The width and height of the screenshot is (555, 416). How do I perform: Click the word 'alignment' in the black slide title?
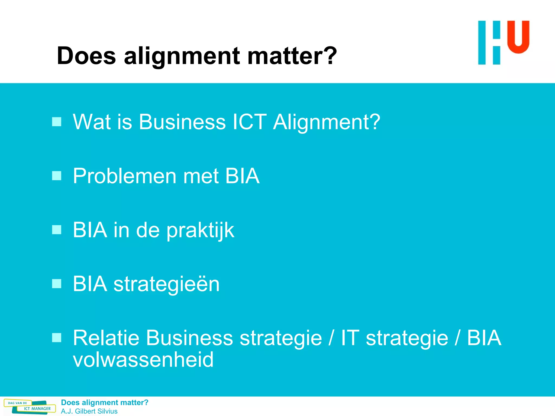click(x=182, y=56)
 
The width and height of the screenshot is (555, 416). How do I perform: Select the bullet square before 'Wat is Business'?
click(x=57, y=122)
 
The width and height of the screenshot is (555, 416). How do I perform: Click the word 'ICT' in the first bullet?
click(x=250, y=122)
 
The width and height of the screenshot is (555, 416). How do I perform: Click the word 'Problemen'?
click(x=125, y=176)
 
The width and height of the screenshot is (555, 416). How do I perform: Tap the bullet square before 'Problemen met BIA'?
click(x=57, y=176)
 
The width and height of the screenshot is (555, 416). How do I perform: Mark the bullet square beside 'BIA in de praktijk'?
click(x=57, y=230)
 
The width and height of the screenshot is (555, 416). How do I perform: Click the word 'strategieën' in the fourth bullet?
click(x=166, y=284)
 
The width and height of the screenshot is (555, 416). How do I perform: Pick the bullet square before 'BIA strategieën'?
click(x=57, y=284)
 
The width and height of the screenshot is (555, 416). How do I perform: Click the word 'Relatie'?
click(x=106, y=338)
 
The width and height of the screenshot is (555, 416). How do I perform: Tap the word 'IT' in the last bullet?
click(x=350, y=338)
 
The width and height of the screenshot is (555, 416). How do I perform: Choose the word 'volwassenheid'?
click(x=143, y=360)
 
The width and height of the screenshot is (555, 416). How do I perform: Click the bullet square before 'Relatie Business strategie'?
click(x=57, y=338)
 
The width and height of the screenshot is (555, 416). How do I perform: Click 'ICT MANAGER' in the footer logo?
click(x=37, y=409)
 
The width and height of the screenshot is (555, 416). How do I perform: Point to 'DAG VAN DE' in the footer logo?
click(x=17, y=403)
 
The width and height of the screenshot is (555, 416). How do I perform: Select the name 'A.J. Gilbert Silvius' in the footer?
click(x=89, y=411)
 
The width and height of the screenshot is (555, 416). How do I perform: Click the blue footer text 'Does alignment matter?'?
click(x=105, y=402)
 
